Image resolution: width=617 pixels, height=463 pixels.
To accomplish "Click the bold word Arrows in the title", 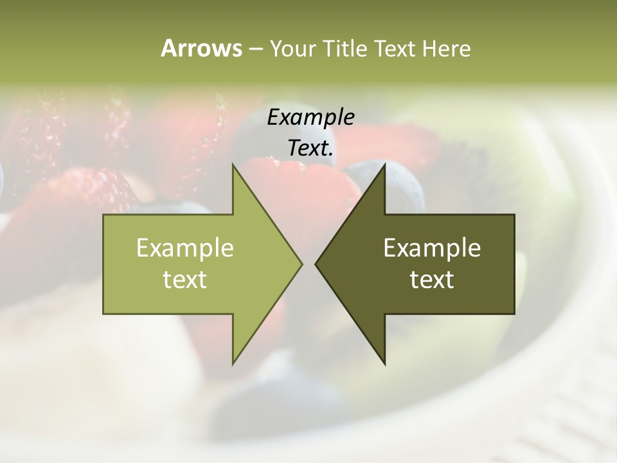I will click(201, 48).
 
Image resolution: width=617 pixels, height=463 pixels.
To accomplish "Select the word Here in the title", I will click(446, 48).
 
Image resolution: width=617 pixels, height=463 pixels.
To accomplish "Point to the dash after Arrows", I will click(255, 49).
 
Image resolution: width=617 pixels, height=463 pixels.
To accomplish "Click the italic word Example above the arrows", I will click(310, 117).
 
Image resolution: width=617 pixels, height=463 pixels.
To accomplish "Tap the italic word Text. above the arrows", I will click(310, 148).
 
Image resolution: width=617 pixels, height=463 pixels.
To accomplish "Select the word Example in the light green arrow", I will click(185, 248).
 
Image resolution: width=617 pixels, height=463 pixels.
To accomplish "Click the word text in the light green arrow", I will click(185, 279).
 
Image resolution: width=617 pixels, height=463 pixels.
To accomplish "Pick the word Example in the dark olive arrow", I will click(432, 248).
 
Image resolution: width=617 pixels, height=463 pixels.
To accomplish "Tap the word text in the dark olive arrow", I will click(432, 279).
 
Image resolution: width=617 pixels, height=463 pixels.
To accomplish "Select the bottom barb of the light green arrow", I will click(235, 360).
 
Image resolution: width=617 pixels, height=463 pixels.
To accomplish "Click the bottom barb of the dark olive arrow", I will click(383, 360).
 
